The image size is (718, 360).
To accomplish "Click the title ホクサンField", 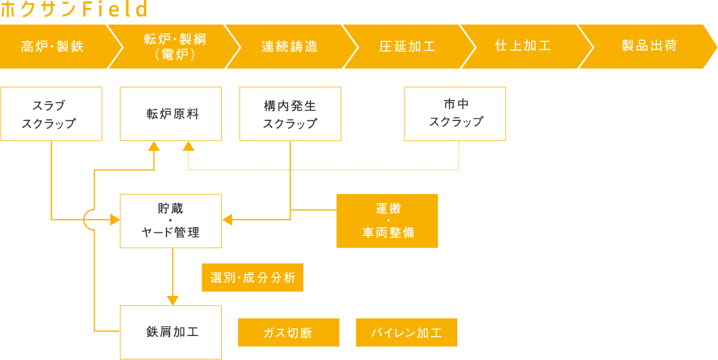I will pyautogui.click(x=73, y=10).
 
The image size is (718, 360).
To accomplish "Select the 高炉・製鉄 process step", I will pyautogui.click(x=52, y=47).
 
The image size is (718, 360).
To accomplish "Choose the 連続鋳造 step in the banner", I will pyautogui.click(x=289, y=47).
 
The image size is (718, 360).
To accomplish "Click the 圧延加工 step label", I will pyautogui.click(x=408, y=47).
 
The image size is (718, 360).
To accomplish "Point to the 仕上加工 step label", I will pyautogui.click(x=523, y=46).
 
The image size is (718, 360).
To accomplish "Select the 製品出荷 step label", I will pyautogui.click(x=649, y=46).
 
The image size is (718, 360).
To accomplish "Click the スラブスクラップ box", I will pyautogui.click(x=51, y=114).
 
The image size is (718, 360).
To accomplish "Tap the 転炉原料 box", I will pyautogui.click(x=171, y=114).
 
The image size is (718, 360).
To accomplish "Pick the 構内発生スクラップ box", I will pyautogui.click(x=290, y=114).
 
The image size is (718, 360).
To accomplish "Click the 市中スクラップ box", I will pyautogui.click(x=455, y=114).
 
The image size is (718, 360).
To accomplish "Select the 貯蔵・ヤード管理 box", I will pyautogui.click(x=171, y=220).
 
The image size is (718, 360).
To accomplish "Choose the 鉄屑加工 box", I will pyautogui.click(x=171, y=332).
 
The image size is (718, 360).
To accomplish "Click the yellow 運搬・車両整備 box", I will pyautogui.click(x=387, y=220).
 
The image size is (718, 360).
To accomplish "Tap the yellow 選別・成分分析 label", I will pyautogui.click(x=252, y=277).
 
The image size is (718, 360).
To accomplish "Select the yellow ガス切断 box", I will pyautogui.click(x=289, y=332).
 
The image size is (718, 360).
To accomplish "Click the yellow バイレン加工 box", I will pyautogui.click(x=406, y=332).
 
